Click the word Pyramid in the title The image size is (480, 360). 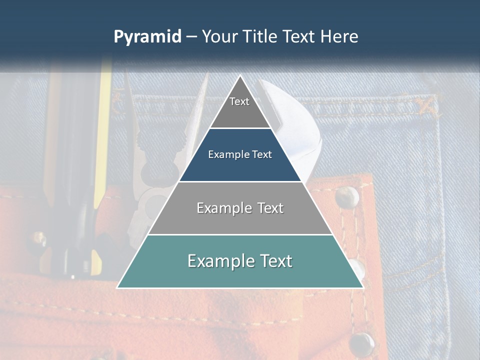coord(147,37)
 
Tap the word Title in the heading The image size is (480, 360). coord(261,37)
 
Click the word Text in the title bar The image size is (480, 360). coord(299,37)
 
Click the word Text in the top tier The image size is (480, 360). coord(239,101)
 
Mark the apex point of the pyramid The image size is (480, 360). coord(240,76)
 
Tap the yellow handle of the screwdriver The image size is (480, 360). coord(103,130)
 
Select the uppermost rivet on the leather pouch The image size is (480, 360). coord(347,197)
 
